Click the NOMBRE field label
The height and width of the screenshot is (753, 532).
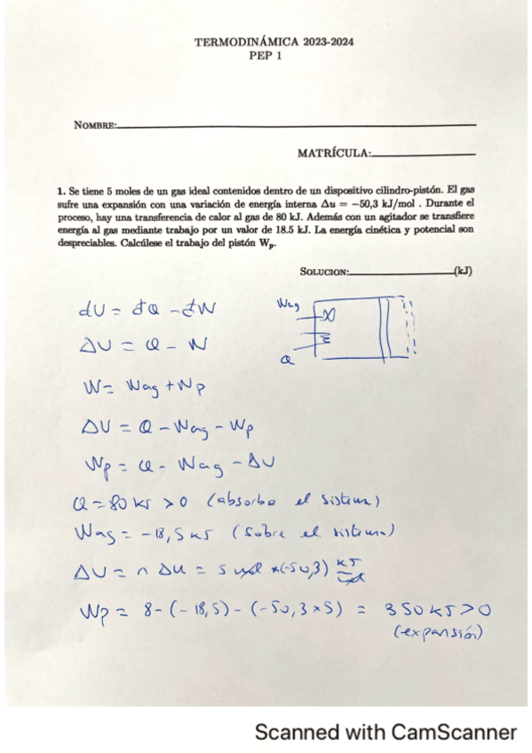95,126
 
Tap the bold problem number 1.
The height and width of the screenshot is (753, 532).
60,190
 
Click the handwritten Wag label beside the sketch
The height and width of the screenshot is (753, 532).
289,305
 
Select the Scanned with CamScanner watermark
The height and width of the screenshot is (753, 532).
385,733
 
